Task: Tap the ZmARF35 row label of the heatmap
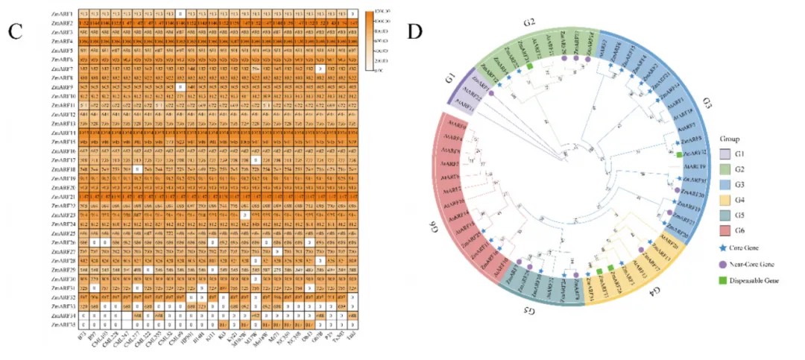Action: click(x=63, y=325)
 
